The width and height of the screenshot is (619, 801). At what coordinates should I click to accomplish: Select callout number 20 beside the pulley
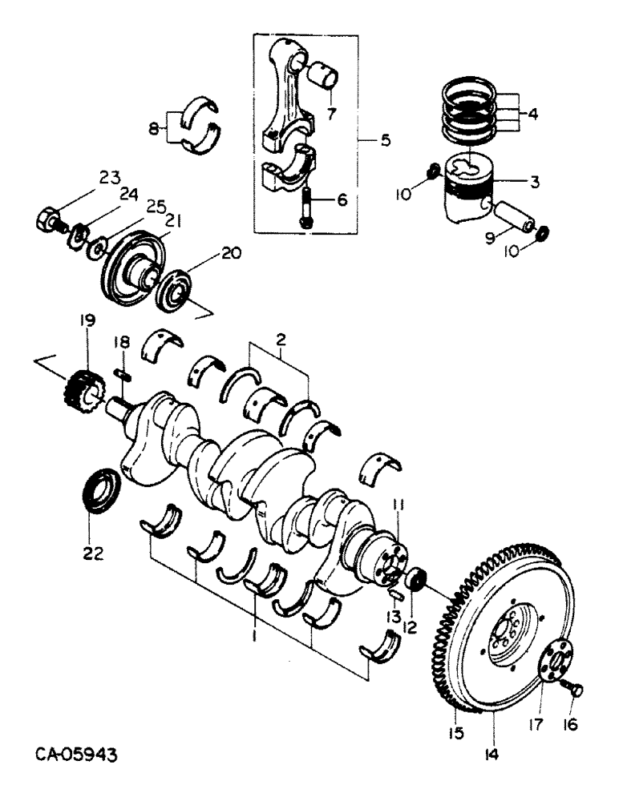click(231, 253)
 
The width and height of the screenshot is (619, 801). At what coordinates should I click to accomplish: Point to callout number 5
click(386, 141)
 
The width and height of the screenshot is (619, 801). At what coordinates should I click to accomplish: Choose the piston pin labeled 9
click(512, 218)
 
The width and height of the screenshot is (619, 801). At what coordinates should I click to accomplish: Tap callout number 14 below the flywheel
click(491, 753)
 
